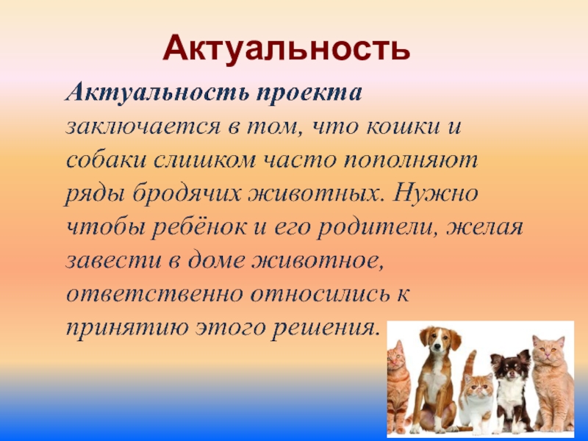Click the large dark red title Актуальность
click(x=287, y=49)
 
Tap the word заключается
click(x=143, y=127)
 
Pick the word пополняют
click(x=411, y=161)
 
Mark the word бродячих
click(x=186, y=193)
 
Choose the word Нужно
click(x=435, y=193)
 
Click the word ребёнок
click(x=198, y=227)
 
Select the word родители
click(x=375, y=227)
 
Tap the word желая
click(x=485, y=227)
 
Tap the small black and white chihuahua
click(x=512, y=390)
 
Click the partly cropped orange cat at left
click(x=398, y=387)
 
